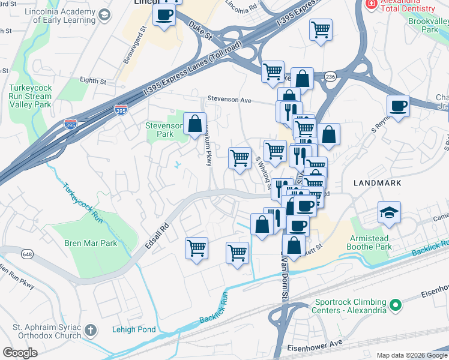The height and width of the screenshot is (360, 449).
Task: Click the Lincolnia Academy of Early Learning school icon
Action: [x=104, y=14]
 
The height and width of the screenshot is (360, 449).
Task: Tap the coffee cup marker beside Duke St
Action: [x=164, y=15]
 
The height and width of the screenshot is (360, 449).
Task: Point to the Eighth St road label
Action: [x=92, y=80]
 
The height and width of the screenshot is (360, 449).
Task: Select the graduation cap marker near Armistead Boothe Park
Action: [x=390, y=212]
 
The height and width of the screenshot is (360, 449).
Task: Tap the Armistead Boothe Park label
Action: [x=379, y=242]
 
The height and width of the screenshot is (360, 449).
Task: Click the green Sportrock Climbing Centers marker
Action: [x=395, y=305]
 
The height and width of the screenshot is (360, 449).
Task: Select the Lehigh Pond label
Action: [x=134, y=329]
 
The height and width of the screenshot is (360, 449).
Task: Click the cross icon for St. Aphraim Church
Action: [x=90, y=329]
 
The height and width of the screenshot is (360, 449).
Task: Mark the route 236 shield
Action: [x=330, y=77]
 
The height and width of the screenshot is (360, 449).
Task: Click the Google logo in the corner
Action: [x=20, y=353]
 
